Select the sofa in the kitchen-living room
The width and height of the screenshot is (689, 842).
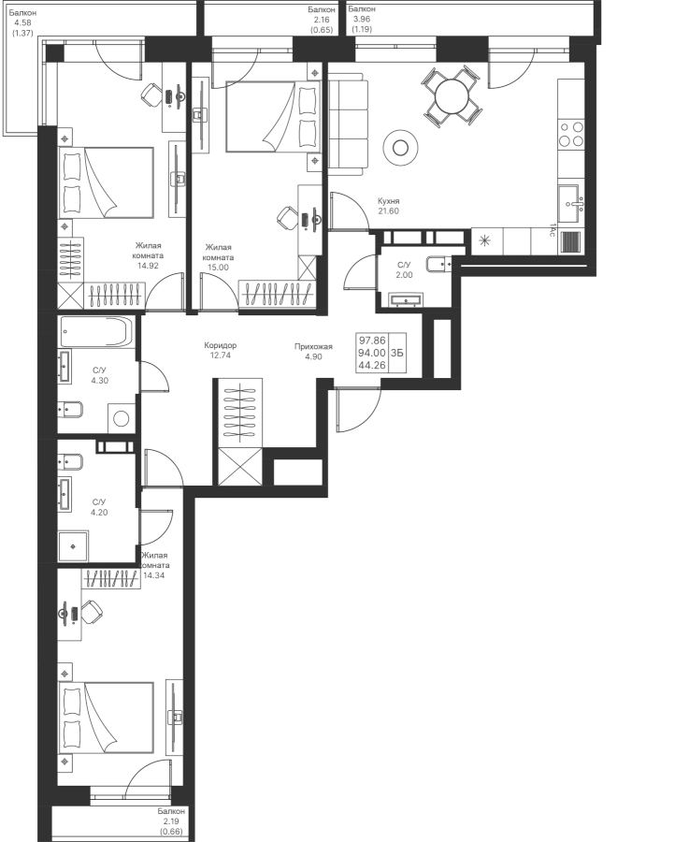pyautogui.click(x=348, y=123)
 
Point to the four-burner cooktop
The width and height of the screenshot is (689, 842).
pyautogui.click(x=570, y=134)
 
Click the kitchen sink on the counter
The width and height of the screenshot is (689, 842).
pyautogui.click(x=569, y=198)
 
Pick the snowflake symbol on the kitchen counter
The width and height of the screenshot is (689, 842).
pyautogui.click(x=484, y=241)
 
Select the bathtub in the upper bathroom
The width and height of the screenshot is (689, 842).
pyautogui.click(x=96, y=331)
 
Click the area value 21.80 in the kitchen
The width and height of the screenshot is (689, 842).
pyautogui.click(x=389, y=210)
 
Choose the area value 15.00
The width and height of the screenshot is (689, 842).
pyautogui.click(x=219, y=267)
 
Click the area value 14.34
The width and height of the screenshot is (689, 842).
pyautogui.click(x=156, y=575)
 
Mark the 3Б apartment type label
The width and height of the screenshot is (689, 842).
pyautogui.click(x=397, y=353)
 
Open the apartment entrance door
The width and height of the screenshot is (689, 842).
pyautogui.click(x=358, y=412)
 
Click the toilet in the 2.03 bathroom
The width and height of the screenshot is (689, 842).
pyautogui.click(x=438, y=264)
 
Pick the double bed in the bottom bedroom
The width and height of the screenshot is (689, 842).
pyautogui.click(x=107, y=717)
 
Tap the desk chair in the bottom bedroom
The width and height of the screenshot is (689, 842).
pyautogui.click(x=92, y=612)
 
